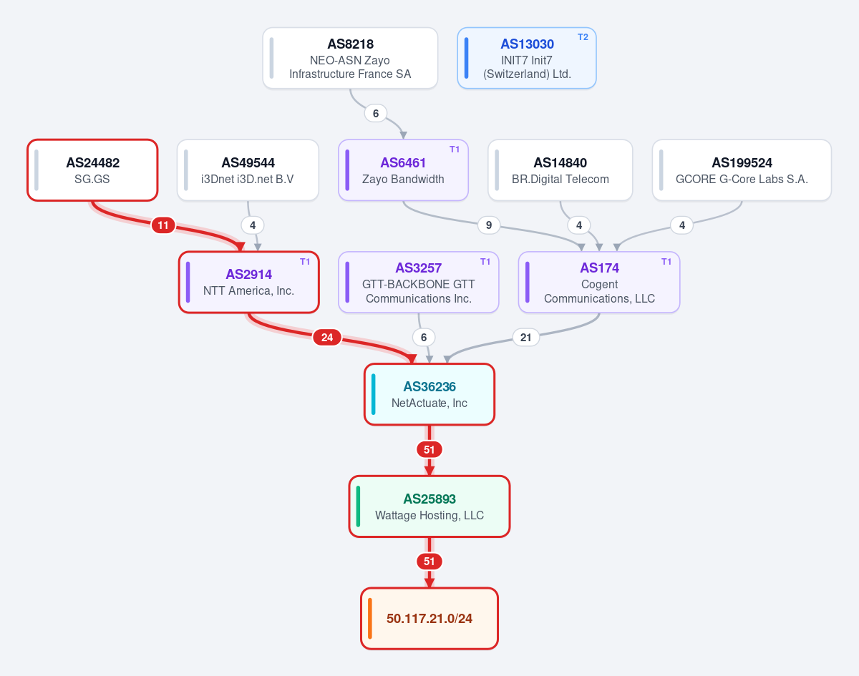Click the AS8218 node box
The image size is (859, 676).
click(x=350, y=58)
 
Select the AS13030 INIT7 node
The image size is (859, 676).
click(x=527, y=58)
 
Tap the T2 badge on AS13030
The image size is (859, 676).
click(x=583, y=37)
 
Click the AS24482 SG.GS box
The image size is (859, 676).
click(x=92, y=170)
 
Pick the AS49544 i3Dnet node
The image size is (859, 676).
click(x=248, y=170)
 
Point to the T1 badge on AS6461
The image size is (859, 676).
click(x=455, y=150)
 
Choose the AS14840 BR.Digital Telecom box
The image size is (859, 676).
click(x=560, y=170)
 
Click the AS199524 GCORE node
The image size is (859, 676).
click(x=742, y=170)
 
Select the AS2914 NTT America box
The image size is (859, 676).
click(x=248, y=282)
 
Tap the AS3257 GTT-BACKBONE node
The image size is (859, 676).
click(x=418, y=282)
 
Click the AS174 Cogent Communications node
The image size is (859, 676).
click(x=599, y=282)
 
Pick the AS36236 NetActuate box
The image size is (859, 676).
click(x=429, y=394)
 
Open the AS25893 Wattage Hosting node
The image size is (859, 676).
click(x=429, y=506)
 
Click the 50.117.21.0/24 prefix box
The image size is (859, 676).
click(x=429, y=619)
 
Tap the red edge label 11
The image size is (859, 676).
click(x=163, y=225)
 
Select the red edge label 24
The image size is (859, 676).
click(x=327, y=338)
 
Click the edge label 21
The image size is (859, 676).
click(x=525, y=338)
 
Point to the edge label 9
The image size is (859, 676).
click(x=489, y=225)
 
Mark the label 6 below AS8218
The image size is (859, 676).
click(x=376, y=114)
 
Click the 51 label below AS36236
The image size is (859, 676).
click(x=429, y=450)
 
